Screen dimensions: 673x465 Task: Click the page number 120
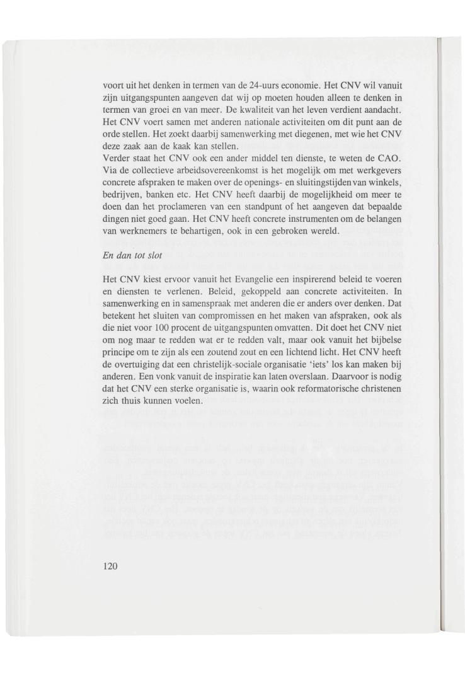[x=110, y=566]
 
